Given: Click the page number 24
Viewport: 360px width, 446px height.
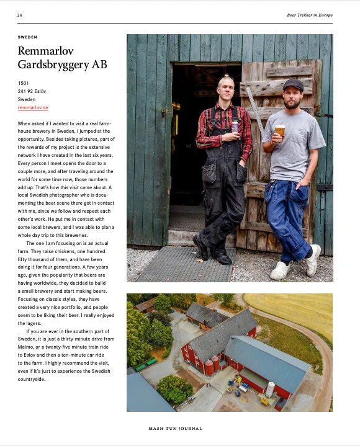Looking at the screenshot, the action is pyautogui.click(x=20, y=15).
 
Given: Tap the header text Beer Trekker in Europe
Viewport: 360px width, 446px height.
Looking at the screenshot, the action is pyautogui.click(x=309, y=15).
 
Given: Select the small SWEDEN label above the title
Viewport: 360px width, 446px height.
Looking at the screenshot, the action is pyautogui.click(x=27, y=37).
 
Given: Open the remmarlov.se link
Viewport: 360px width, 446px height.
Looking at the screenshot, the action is pyautogui.click(x=33, y=107).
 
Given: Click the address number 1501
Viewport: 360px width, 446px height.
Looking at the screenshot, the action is pyautogui.click(x=24, y=83).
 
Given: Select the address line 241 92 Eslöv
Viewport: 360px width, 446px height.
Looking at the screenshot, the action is pyautogui.click(x=32, y=91).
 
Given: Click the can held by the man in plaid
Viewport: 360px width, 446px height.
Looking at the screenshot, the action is pyautogui.click(x=234, y=127).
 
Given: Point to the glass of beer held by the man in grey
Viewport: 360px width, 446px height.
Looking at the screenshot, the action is pyautogui.click(x=280, y=131).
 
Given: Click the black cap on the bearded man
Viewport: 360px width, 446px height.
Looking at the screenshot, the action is pyautogui.click(x=292, y=84).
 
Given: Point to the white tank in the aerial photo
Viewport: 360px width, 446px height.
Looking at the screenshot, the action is pyautogui.click(x=270, y=389).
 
